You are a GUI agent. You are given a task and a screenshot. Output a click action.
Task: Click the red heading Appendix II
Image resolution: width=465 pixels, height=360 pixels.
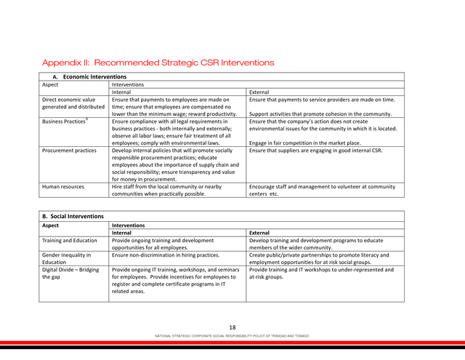(158, 63)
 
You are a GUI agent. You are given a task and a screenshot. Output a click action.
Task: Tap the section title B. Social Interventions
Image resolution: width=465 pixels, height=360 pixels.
(73, 216)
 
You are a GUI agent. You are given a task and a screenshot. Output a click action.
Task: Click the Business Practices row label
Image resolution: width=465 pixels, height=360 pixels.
(64, 121)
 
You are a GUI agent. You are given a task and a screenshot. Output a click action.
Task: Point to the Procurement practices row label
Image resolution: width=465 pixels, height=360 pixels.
(69, 151)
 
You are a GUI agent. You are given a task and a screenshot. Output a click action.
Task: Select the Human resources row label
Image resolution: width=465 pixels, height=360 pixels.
(62, 187)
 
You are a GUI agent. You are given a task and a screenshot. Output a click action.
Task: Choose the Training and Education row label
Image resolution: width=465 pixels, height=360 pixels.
(69, 240)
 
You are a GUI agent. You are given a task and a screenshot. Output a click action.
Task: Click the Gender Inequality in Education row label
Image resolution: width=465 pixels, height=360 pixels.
(66, 259)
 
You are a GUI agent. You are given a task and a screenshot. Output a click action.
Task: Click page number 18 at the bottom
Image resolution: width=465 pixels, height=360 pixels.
(232, 327)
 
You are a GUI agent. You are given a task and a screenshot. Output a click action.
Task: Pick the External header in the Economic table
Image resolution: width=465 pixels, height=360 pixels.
(259, 92)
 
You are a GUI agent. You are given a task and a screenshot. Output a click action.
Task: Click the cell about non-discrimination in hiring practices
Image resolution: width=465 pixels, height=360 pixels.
(166, 255)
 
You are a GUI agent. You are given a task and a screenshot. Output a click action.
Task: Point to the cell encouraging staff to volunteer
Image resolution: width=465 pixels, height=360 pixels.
(322, 191)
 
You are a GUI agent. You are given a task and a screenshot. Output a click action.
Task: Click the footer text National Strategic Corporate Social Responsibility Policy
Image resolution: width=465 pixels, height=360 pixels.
(232, 336)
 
